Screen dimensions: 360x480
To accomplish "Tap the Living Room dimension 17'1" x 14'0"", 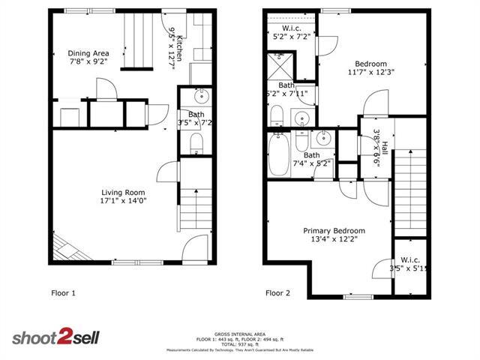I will pyautogui.click(x=122, y=201).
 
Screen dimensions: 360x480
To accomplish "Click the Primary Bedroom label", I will pyautogui.click(x=334, y=230).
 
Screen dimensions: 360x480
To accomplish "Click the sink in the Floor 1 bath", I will pyautogui.click(x=202, y=97).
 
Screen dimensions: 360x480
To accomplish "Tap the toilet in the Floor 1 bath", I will pyautogui.click(x=196, y=143).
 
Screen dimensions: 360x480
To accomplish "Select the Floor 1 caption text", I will pyautogui.click(x=63, y=292).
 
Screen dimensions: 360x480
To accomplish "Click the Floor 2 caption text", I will pyautogui.click(x=277, y=292).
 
